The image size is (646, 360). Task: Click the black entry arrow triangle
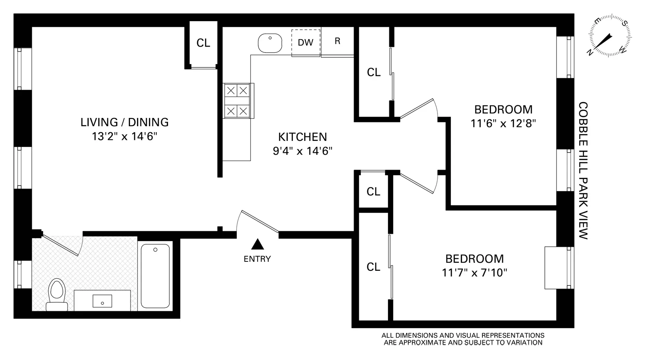click(258, 245)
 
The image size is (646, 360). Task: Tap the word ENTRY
click(257, 259)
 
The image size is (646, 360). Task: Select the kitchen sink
click(270, 43)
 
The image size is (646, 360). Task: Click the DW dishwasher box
click(306, 42)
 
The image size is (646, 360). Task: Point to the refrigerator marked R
click(338, 42)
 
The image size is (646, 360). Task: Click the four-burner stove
click(237, 101)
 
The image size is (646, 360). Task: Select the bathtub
click(155, 276)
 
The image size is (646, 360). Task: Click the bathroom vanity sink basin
click(102, 301)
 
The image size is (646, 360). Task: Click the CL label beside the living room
click(203, 43)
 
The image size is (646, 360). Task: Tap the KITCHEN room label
click(302, 137)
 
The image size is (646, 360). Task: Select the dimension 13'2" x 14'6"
click(124, 137)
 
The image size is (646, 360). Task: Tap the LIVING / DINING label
click(124, 122)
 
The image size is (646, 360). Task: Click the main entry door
click(260, 222)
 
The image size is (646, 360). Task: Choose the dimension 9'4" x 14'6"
click(302, 151)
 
